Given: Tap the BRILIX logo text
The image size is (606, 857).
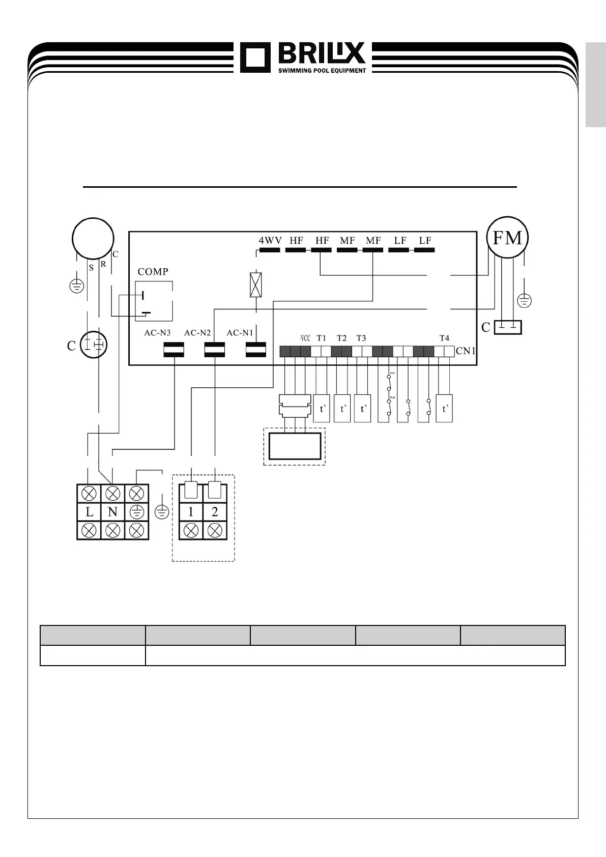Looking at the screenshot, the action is pos(322,53).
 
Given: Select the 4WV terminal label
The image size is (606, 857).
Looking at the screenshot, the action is pos(270,240).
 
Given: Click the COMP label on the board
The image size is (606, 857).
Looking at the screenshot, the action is pos(153,272).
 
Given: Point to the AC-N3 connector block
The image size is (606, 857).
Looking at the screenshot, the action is pos(174,350).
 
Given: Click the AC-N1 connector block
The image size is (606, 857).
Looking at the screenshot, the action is pos(255,350).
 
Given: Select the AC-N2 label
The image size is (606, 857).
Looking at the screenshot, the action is pos(197,333).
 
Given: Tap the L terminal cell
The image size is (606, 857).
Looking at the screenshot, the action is pos(89,512).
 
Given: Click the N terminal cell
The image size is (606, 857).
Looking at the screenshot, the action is pos(112,512).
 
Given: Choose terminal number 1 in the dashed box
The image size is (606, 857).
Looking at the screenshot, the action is pos(191,512).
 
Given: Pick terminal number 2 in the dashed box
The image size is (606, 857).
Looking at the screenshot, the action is pos(215,512).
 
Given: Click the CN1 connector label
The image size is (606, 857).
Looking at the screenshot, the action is pos(466,351).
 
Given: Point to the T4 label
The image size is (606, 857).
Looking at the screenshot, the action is pos(444,338).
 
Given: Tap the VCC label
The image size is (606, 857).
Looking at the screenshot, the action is pos(305,338).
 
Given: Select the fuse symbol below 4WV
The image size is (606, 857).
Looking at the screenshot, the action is pos(255,285).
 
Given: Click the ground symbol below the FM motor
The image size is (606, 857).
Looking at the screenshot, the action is pos(524,301).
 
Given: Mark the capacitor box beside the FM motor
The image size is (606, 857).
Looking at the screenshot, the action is pos(508,327).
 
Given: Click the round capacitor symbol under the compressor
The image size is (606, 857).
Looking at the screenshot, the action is pos(94,345).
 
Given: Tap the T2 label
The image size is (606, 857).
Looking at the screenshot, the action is pos(341,338).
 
